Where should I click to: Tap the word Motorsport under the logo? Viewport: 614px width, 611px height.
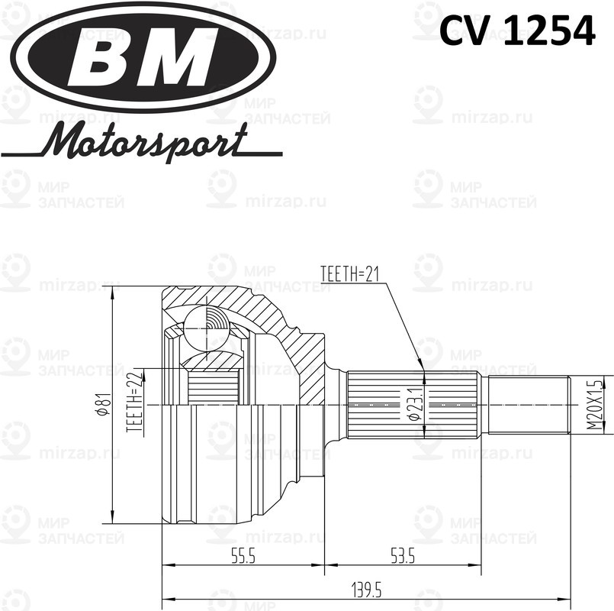[145, 142]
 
